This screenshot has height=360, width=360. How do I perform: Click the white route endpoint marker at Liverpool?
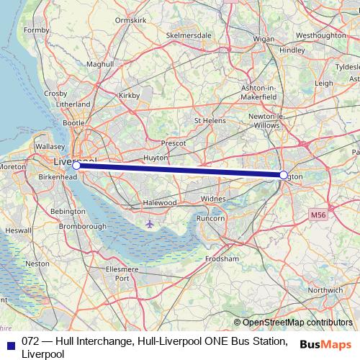(76, 165)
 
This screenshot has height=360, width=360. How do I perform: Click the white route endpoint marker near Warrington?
(283, 175)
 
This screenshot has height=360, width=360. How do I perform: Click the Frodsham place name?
(222, 258)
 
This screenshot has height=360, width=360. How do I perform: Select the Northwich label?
(325, 291)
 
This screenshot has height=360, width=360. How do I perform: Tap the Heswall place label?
(18, 231)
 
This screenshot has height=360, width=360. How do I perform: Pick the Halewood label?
(159, 203)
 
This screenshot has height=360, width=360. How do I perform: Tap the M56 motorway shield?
(319, 215)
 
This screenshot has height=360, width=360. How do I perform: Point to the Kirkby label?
(129, 94)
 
